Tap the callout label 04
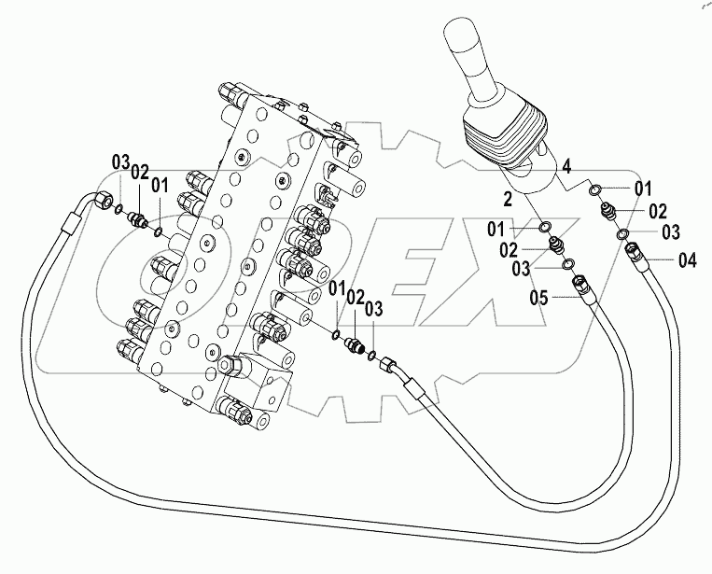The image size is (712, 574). (x=687, y=260)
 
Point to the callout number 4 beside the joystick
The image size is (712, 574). (x=565, y=169)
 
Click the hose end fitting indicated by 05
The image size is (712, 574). (x=582, y=287)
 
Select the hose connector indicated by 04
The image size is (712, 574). (x=635, y=253)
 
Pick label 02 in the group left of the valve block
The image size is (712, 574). (x=140, y=172)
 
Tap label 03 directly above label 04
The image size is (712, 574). (x=670, y=231)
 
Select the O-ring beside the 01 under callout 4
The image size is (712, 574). (x=594, y=190)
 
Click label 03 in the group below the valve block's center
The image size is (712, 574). (x=373, y=309)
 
